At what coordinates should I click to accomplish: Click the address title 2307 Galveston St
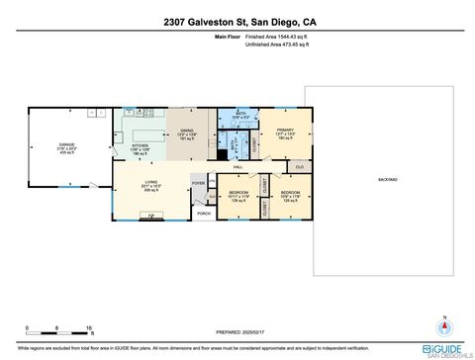pyautogui.click(x=237, y=22)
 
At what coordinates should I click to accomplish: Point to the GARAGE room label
pyautogui.click(x=67, y=146)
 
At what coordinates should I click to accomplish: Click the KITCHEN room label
pyautogui.click(x=140, y=146)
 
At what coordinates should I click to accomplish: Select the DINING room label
pyautogui.click(x=187, y=133)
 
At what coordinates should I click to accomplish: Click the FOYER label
pyautogui.click(x=198, y=183)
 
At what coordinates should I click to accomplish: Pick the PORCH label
pyautogui.click(x=204, y=213)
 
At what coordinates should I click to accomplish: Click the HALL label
pyautogui.click(x=238, y=167)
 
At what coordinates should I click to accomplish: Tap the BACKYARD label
pyautogui.click(x=388, y=179)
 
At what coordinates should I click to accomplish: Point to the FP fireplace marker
pyautogui.click(x=151, y=218)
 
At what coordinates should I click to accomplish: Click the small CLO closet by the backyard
pyautogui.click(x=299, y=167)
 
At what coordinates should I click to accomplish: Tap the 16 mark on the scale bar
pyautogui.click(x=89, y=326)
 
